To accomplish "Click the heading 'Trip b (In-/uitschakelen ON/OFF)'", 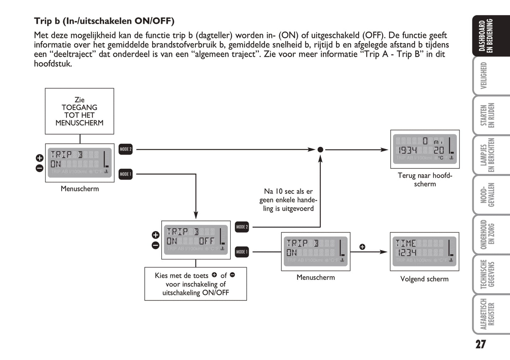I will (x=104, y=21).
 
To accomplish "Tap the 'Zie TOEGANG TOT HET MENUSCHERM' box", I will (x=79, y=111).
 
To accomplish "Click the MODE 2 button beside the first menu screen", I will (x=125, y=149).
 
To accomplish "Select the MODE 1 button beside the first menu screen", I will (x=125, y=174).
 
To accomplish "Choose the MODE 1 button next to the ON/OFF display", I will (x=242, y=252).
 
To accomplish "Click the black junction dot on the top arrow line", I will (x=320, y=150).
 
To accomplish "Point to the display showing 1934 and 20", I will (x=425, y=149).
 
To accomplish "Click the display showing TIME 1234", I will (x=424, y=251).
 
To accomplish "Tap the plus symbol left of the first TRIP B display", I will (x=40, y=158).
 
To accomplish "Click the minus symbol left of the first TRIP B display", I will (x=40, y=168).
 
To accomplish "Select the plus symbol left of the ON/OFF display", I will (x=155, y=235).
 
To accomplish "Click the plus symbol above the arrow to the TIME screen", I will (x=362, y=247).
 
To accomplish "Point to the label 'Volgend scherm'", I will (x=424, y=279).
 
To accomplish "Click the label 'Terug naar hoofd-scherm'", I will (x=425, y=180).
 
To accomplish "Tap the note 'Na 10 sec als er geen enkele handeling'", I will (x=288, y=200).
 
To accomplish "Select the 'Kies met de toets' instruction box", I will (x=196, y=284).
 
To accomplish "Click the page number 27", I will (x=480, y=344).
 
